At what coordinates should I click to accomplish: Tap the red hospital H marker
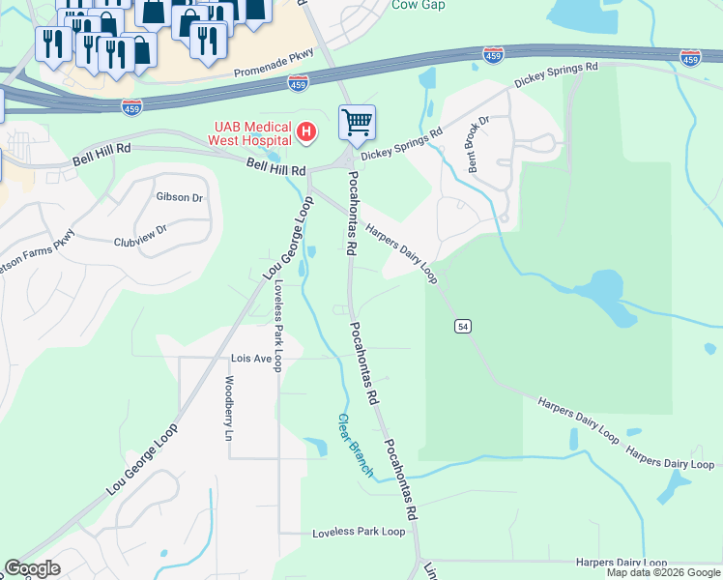point(306,130)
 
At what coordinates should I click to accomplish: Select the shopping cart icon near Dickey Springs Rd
point(357,123)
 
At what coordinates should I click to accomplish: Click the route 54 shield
point(464,327)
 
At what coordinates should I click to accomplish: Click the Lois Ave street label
point(250,358)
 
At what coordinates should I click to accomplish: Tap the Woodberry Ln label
point(230,409)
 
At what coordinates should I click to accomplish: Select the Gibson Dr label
point(179,197)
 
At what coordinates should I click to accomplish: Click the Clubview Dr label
point(140,230)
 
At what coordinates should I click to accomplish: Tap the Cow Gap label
point(418,5)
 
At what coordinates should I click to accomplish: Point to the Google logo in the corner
point(32,568)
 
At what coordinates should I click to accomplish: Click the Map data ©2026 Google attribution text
point(662,572)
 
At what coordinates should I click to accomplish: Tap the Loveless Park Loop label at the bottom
point(359,533)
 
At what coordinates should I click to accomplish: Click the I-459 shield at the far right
point(690,59)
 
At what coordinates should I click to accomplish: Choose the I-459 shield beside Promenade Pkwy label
point(299,85)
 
